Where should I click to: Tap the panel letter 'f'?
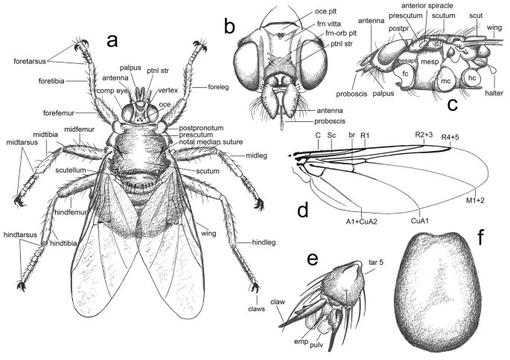pyautogui.click(x=482, y=240)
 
